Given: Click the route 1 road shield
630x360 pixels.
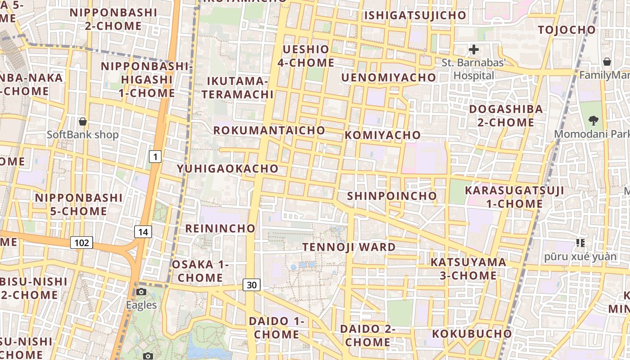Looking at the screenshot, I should (155, 157).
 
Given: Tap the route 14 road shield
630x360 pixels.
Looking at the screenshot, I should (143, 232).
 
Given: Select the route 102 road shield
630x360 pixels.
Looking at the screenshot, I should (81, 243).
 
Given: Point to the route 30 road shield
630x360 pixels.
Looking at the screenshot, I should (252, 284).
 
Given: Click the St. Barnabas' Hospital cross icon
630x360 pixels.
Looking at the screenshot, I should (473, 49).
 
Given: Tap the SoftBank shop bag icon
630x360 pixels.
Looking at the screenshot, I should (83, 121).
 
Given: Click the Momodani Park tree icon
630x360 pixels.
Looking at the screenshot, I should (594, 120).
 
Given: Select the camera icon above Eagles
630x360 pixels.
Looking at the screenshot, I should (141, 292).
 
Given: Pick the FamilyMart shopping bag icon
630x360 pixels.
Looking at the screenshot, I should (607, 62).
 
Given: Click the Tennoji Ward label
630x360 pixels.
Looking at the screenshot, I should (349, 247).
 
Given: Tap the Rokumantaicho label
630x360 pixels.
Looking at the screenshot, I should (269, 130).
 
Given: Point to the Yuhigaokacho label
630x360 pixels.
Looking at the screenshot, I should (228, 169).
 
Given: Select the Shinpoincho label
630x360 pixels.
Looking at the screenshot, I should (391, 196).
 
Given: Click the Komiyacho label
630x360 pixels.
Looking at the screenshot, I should (383, 135).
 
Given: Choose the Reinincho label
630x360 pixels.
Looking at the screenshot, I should (220, 229).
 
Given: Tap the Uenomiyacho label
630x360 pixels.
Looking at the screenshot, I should (389, 78).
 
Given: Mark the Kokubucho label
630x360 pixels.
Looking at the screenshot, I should (472, 334).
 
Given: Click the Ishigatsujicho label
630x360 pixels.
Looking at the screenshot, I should (415, 15).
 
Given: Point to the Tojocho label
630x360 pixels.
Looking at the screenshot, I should (567, 30).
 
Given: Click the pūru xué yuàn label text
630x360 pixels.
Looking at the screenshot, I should (580, 256).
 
